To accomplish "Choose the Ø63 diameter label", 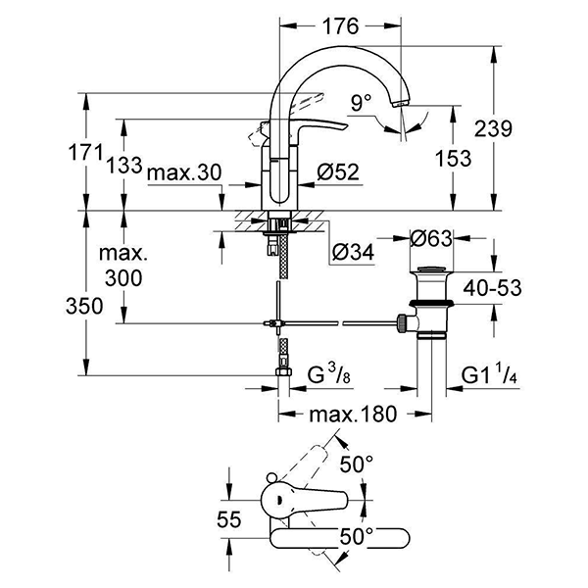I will (432, 238).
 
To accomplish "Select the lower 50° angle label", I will (357, 536).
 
